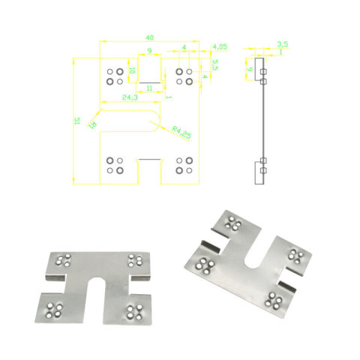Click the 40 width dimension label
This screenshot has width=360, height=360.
click(x=150, y=37)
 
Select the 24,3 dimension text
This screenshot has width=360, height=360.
click(x=129, y=98)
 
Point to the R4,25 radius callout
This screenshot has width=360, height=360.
click(x=180, y=131)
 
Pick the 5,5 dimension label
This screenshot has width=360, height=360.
click(x=215, y=65)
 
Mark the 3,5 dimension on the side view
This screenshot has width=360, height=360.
click(x=282, y=45)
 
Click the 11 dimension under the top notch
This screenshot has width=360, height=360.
click(x=150, y=88)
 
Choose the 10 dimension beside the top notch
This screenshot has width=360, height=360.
click(x=132, y=71)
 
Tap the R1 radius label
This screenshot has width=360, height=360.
click(x=94, y=124)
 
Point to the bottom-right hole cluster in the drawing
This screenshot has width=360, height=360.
click(x=184, y=165)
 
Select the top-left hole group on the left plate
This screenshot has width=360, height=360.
click(x=63, y=260)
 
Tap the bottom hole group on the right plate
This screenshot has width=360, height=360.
click(x=274, y=301)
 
